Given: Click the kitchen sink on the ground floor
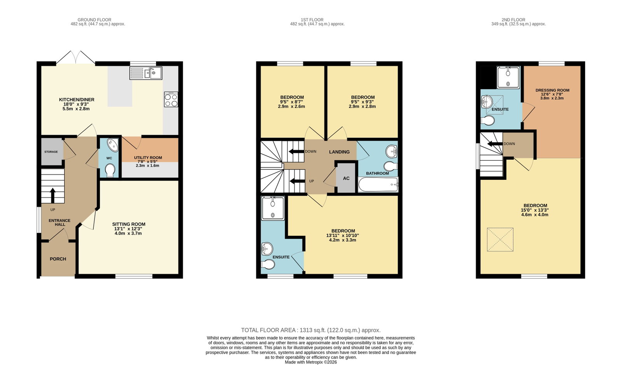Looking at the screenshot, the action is click(146, 73).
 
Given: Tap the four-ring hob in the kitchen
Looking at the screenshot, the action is click(171, 99).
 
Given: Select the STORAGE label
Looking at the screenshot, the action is click(51, 152).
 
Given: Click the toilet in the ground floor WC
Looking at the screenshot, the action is click(110, 170).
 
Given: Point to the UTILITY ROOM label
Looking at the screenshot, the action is click(148, 158).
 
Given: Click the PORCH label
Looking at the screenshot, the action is click(58, 259).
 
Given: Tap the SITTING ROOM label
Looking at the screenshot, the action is click(129, 224).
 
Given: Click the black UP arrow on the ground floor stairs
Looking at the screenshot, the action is click(52, 195).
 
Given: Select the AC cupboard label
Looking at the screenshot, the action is click(346, 178).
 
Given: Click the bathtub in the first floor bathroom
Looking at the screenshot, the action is click(378, 185).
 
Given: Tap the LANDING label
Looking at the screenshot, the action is click(339, 152).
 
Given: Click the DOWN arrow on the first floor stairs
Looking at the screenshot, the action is click(296, 151).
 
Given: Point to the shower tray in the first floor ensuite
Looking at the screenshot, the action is click(273, 208).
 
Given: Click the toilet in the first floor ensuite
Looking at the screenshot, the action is click(268, 264).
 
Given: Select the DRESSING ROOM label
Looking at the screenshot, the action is click(552, 90).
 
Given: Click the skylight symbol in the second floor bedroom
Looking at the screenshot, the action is click(500, 240).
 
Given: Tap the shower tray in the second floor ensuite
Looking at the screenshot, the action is click(508, 78).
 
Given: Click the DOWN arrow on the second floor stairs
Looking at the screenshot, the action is click(495, 144).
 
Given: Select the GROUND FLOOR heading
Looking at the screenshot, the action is click(95, 20).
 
